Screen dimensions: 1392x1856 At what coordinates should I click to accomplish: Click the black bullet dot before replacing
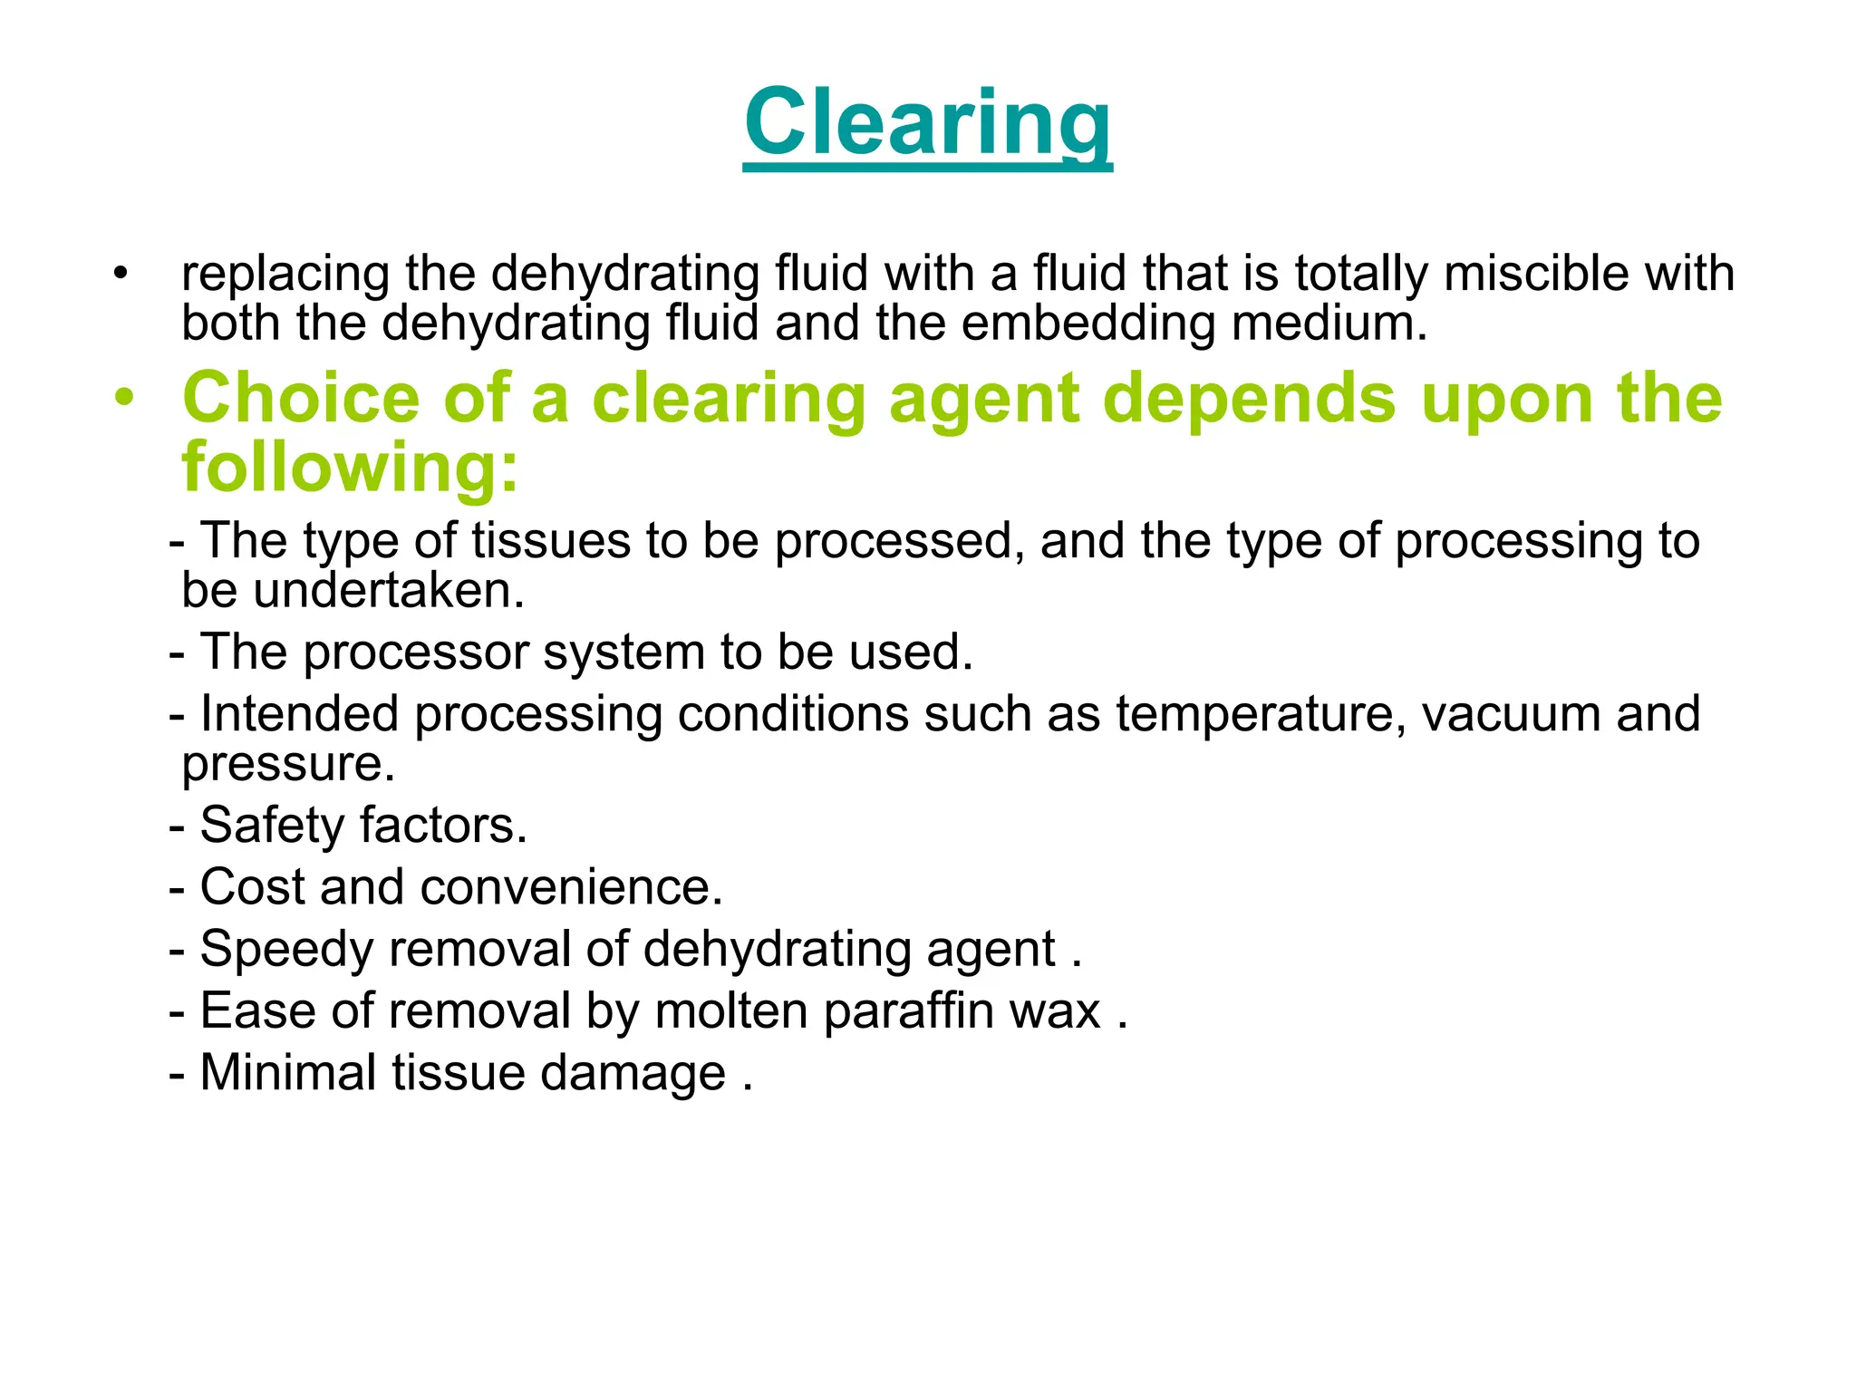click(x=121, y=273)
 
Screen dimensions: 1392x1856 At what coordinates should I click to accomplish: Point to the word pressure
click(x=288, y=764)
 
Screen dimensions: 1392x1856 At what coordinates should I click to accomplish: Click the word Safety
click(x=272, y=826)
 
